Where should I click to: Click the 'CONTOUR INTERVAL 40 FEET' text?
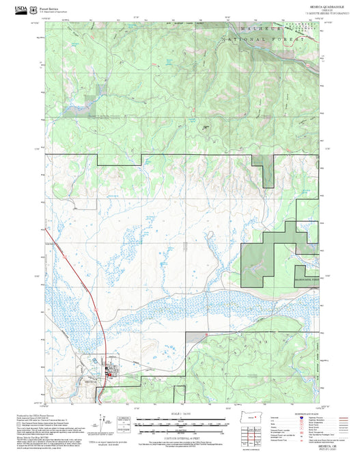(182, 436)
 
